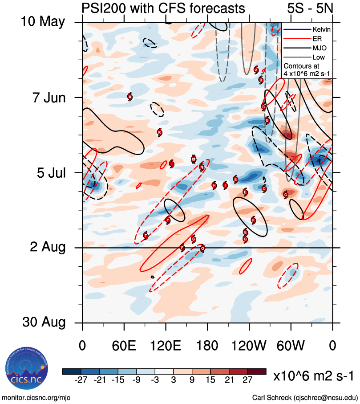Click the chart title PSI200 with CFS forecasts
[x=163, y=8]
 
